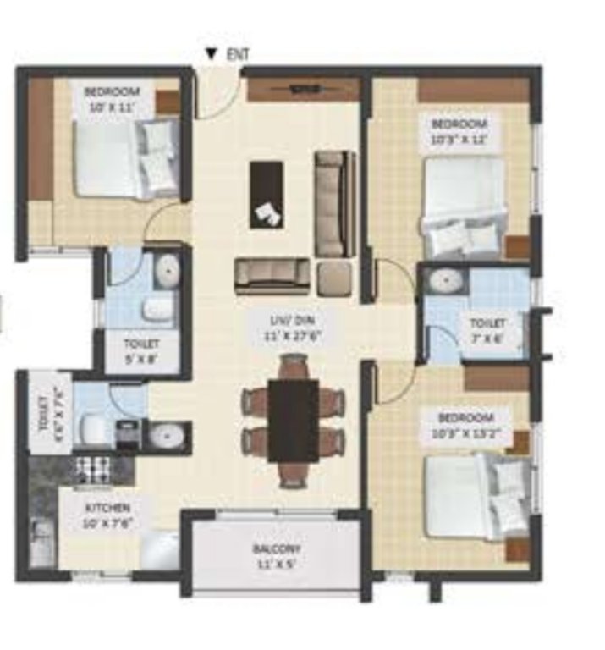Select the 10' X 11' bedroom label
click(x=113, y=99)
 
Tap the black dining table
click(x=293, y=420)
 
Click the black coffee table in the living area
click(x=267, y=194)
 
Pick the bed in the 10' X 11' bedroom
click(x=128, y=158)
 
